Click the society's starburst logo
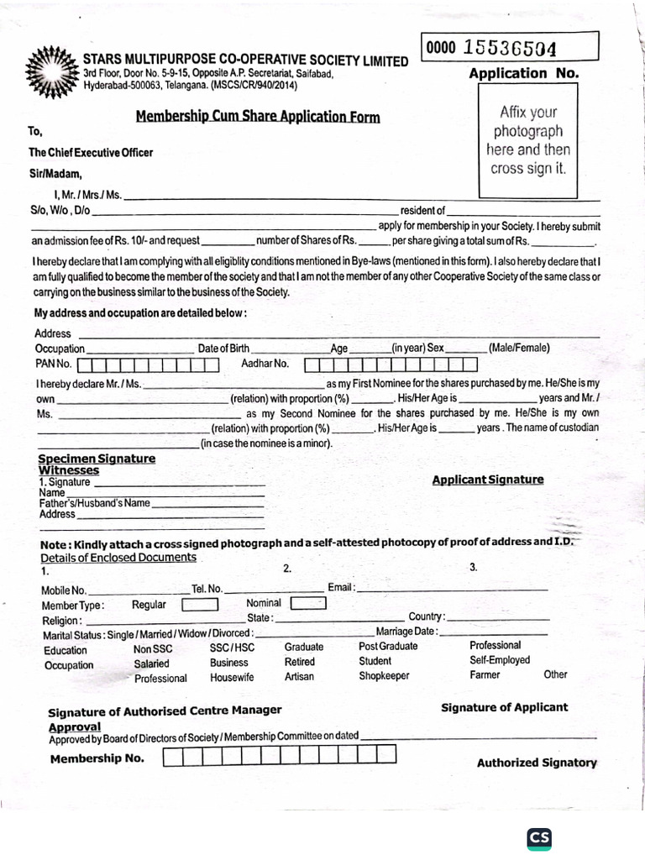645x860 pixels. tap(53, 71)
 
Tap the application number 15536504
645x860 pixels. tap(507, 48)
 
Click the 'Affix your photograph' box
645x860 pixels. tap(528, 139)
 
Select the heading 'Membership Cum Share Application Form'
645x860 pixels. tap(258, 117)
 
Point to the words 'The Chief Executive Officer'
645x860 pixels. tap(91, 153)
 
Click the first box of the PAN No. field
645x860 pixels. tap(85, 365)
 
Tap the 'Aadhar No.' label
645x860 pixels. tap(265, 364)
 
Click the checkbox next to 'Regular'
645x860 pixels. tap(200, 605)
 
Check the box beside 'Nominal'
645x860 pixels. tap(307, 603)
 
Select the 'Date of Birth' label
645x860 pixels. tap(223, 349)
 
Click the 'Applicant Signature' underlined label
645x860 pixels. tap(487, 480)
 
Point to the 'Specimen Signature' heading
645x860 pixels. tap(97, 459)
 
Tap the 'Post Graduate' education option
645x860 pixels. tap(388, 646)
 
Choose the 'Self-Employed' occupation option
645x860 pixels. tap(500, 660)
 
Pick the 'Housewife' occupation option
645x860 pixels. tap(232, 677)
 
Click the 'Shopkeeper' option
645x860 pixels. tap(384, 676)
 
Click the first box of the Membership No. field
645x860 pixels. tap(171, 758)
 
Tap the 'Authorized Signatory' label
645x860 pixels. tap(537, 763)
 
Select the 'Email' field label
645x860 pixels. tap(340, 588)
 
